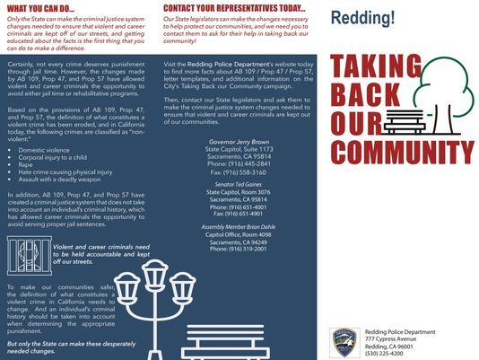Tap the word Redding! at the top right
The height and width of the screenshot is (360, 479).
point(362,18)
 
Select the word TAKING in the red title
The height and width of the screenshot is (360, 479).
point(375,66)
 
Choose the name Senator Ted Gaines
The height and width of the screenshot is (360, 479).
point(238,183)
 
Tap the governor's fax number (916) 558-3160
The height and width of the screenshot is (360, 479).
point(238,171)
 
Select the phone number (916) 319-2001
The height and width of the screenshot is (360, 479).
point(238,248)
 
